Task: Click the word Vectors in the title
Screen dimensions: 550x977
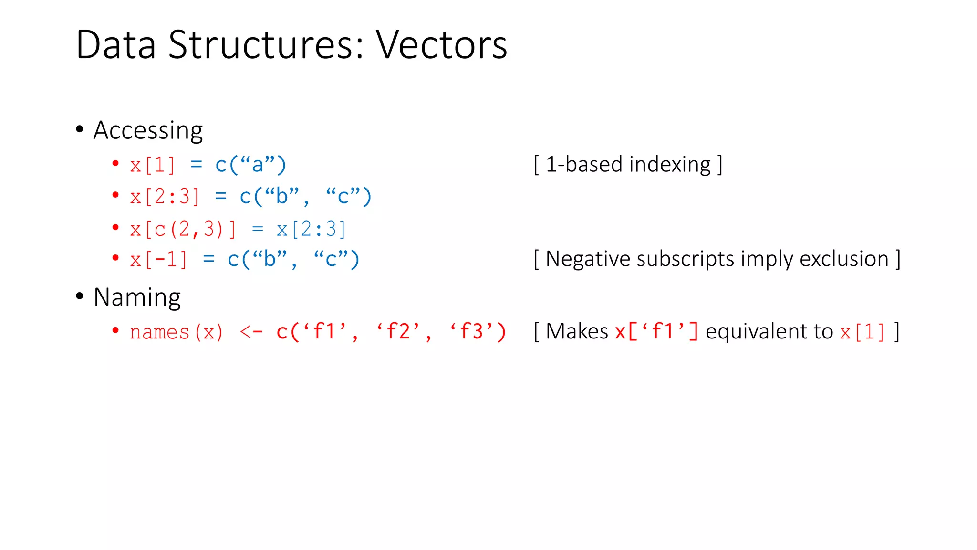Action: [441, 45]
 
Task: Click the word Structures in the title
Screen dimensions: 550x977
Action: [265, 45]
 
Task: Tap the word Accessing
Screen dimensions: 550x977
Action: [148, 130]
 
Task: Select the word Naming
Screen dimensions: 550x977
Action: [137, 297]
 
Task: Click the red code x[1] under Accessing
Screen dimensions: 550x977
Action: [152, 165]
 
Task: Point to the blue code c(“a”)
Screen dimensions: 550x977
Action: [250, 165]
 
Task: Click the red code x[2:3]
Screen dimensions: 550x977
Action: [165, 197]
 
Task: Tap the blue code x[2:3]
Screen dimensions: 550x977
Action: [311, 230]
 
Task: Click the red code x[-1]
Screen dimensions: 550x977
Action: [158, 260]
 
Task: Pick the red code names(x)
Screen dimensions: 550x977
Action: [176, 332]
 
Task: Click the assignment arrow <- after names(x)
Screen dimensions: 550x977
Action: [251, 332]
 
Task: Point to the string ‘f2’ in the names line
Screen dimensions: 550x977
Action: [398, 331]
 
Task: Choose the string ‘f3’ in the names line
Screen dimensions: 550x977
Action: [471, 331]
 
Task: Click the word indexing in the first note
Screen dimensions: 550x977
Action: [670, 165]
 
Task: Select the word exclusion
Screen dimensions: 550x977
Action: [844, 259]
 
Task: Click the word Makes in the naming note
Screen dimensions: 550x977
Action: [577, 331]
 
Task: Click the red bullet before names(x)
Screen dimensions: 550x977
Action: [115, 330]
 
